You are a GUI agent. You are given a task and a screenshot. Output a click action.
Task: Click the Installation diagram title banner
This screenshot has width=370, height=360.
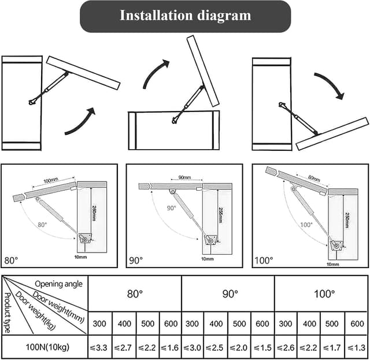tap(185, 16)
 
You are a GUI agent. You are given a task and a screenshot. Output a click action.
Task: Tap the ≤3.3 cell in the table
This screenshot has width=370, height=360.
tap(100, 347)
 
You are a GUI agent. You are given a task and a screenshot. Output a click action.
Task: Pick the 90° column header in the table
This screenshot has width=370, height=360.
tap(230, 294)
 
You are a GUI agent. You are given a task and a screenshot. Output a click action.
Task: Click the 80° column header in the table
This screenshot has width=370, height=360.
tap(135, 294)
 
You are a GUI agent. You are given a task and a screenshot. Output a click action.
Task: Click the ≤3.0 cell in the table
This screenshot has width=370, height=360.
tap(193, 347)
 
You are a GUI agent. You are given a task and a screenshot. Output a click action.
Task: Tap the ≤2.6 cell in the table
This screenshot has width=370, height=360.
tap(286, 347)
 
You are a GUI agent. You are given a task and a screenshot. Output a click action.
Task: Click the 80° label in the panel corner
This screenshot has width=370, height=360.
tap(12, 261)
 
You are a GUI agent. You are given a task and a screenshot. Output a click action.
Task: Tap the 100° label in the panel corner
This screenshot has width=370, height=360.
tap(264, 261)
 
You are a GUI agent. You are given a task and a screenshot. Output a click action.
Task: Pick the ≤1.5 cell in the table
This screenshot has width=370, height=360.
tap(263, 347)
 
